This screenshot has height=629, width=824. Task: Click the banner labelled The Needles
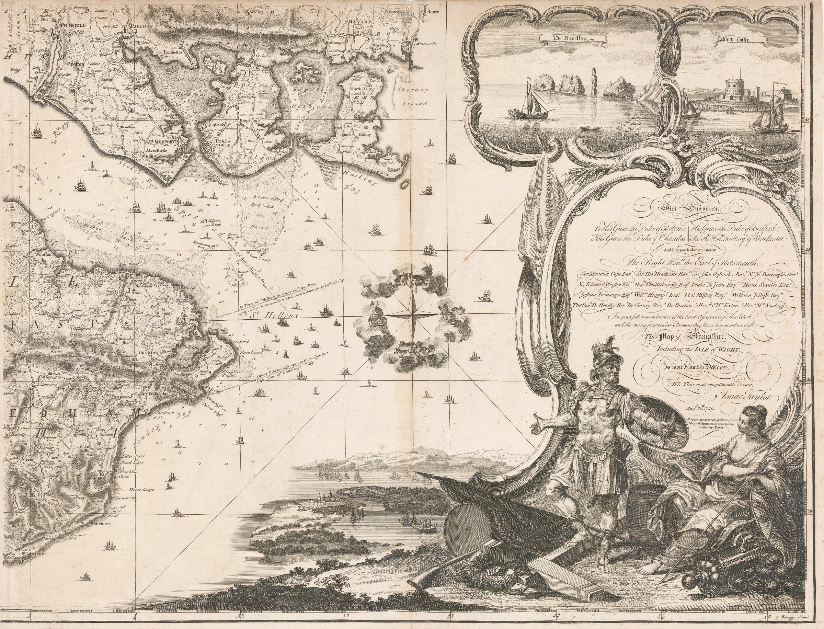tap(572, 38)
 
